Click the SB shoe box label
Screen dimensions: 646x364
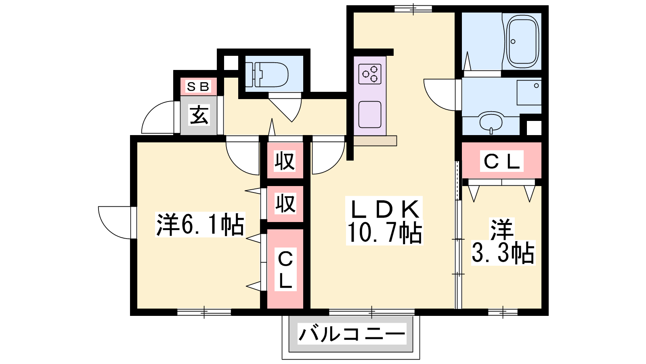(198, 87)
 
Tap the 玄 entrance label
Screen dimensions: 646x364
(199, 115)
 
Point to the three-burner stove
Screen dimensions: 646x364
(370, 74)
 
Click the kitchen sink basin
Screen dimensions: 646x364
(370, 114)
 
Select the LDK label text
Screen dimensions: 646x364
(385, 209)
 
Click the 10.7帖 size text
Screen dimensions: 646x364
(385, 233)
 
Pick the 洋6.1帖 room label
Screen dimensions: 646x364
(200, 225)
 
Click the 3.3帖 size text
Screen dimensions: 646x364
(503, 253)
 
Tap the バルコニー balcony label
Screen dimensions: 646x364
(352, 334)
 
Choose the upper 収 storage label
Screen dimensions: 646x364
(285, 161)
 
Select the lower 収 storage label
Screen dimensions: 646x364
(285, 204)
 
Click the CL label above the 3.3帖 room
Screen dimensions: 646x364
(502, 161)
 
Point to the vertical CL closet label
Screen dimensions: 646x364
(285, 270)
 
